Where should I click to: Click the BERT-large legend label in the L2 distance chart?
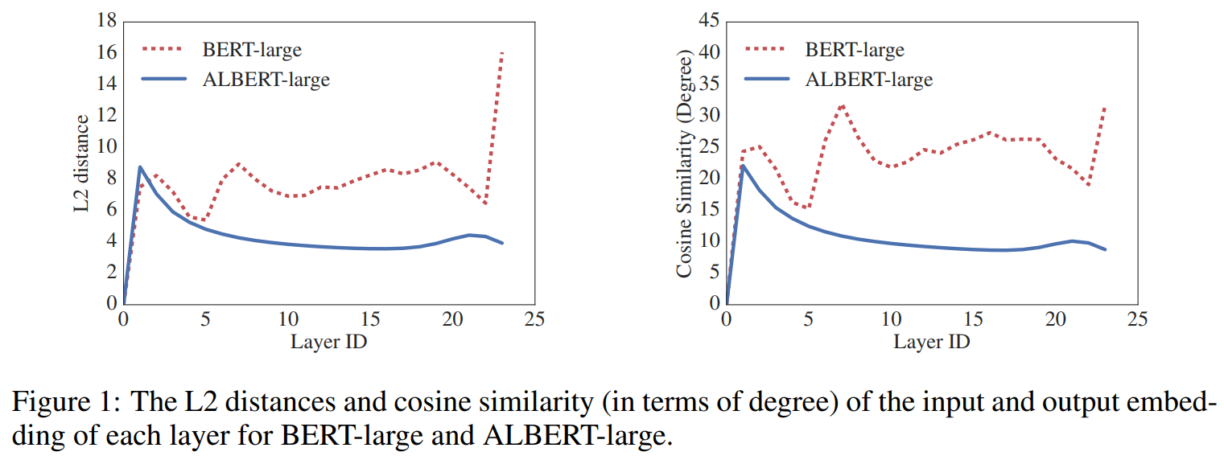pyautogui.click(x=251, y=50)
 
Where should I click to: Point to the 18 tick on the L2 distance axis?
pyautogui.click(x=107, y=21)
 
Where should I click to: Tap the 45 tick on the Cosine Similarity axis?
pyautogui.click(x=708, y=21)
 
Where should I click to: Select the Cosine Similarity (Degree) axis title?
pyautogui.click(x=685, y=166)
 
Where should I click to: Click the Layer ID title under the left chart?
pyautogui.click(x=328, y=341)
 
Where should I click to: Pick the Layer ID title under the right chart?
pyautogui.click(x=931, y=341)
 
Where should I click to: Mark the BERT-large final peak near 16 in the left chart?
pyautogui.click(x=502, y=53)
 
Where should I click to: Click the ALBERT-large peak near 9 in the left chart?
pyautogui.click(x=140, y=167)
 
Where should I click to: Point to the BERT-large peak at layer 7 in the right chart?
pyautogui.click(x=842, y=105)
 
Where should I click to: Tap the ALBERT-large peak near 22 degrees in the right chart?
pyautogui.click(x=743, y=166)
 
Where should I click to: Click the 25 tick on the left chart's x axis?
pyautogui.click(x=534, y=319)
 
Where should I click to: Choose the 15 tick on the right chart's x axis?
pyautogui.click(x=973, y=319)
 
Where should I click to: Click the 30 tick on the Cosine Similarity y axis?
pyautogui.click(x=708, y=115)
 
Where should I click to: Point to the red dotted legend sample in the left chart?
pyautogui.click(x=164, y=50)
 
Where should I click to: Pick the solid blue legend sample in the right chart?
pyautogui.click(x=767, y=80)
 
